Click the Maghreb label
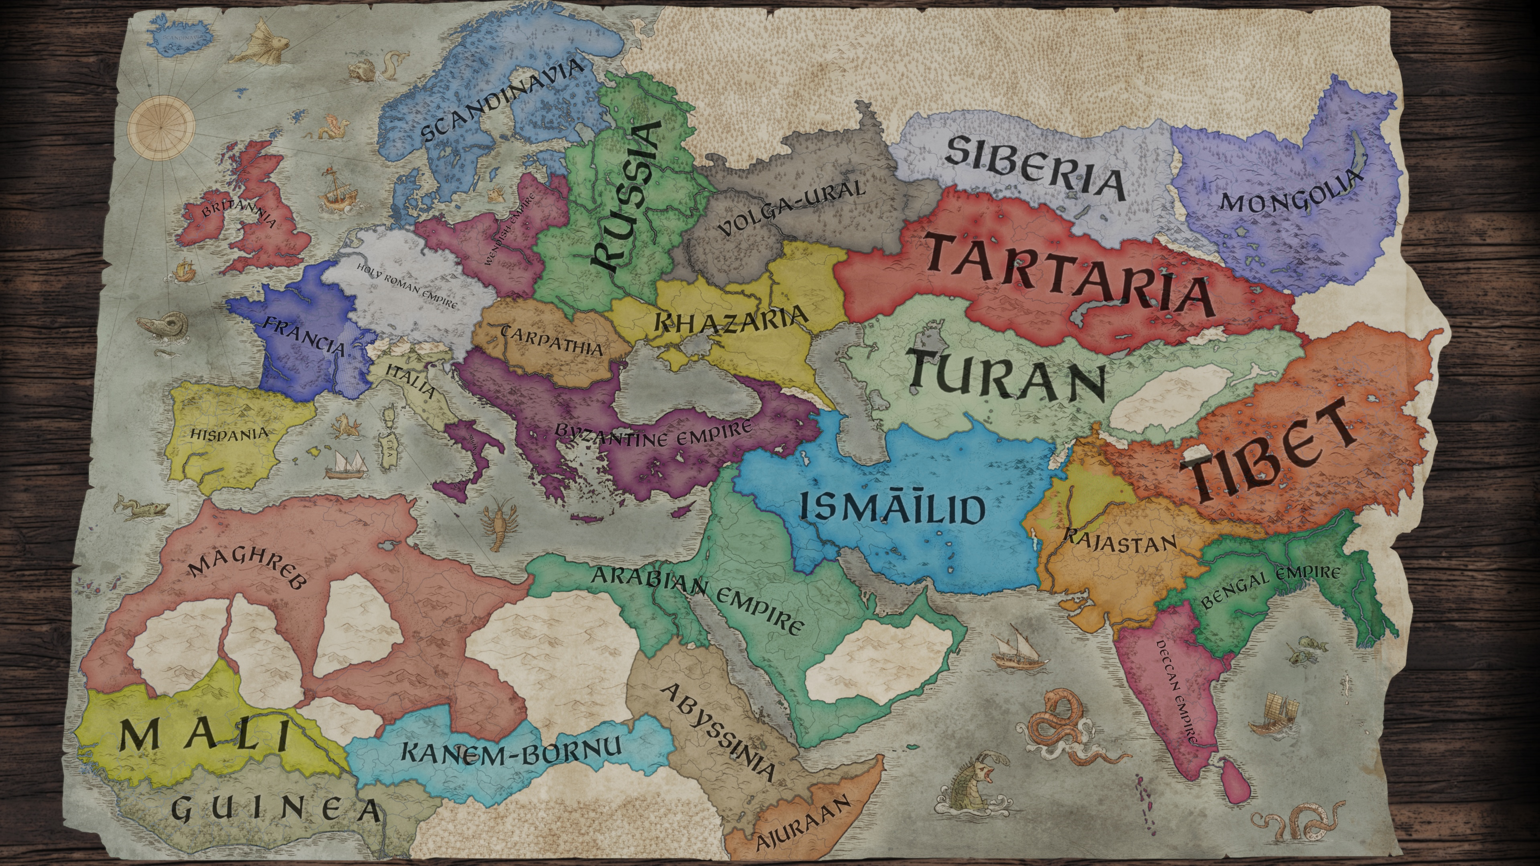pos(249,571)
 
